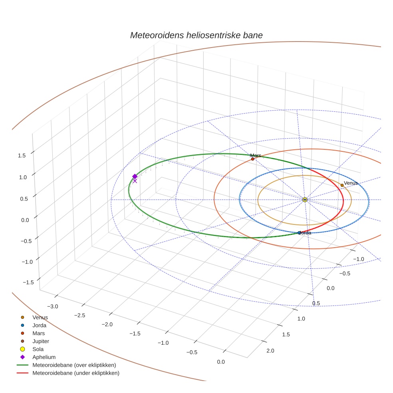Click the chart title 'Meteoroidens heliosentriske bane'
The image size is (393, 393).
point(196,35)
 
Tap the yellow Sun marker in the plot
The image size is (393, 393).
point(305,199)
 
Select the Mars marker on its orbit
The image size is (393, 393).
point(252,159)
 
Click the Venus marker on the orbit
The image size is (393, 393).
point(342,185)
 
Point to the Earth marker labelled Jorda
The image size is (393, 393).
point(300,232)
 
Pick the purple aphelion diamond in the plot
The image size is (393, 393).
point(135,177)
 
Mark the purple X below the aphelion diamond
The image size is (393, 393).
point(135,181)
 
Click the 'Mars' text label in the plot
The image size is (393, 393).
point(256,155)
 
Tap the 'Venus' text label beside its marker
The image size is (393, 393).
point(351,183)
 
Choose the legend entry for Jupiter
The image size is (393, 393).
point(41,341)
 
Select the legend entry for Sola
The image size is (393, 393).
point(38,349)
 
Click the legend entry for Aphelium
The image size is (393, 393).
point(44,357)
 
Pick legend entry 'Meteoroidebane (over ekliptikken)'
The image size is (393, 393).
point(74,365)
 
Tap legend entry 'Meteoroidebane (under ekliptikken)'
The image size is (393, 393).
point(75,373)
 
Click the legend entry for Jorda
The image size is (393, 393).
point(39,325)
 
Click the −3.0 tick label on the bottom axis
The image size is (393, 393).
point(53,306)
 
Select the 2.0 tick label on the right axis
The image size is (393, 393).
point(270,351)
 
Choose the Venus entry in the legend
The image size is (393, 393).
point(40,317)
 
